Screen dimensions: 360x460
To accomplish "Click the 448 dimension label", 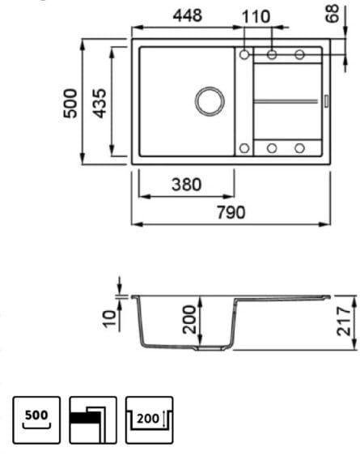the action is [188, 15].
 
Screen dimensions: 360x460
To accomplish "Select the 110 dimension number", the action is [256, 17].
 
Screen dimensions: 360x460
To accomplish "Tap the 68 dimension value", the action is [332, 14].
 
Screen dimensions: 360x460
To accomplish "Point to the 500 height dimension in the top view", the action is [70, 104].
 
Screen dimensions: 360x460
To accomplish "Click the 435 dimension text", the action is [100, 104].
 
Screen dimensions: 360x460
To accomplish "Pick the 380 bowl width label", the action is [186, 185].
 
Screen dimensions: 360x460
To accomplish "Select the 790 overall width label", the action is [231, 212].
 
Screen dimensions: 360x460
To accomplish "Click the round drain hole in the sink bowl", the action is [210, 101].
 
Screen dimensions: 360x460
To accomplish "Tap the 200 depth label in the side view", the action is [189, 319].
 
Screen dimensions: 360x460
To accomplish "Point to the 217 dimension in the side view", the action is [343, 321].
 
